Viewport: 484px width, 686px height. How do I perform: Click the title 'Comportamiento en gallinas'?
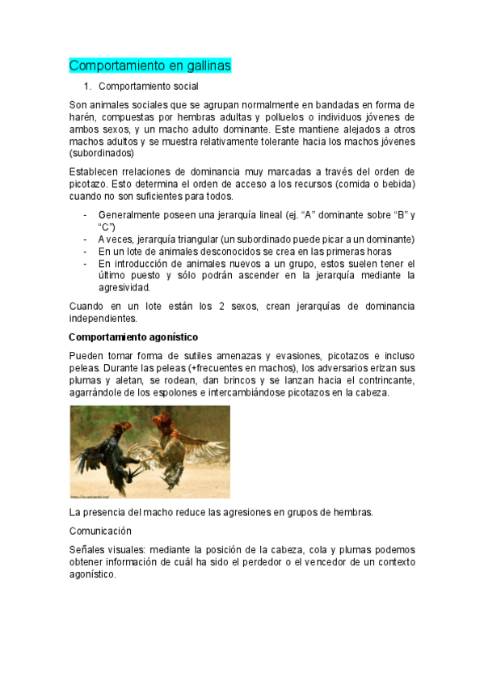[x=149, y=65]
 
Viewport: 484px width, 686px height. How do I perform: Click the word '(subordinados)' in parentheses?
[x=102, y=153]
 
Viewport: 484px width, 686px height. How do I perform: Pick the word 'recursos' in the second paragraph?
[x=316, y=184]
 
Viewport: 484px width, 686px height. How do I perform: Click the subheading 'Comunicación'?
[x=100, y=531]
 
